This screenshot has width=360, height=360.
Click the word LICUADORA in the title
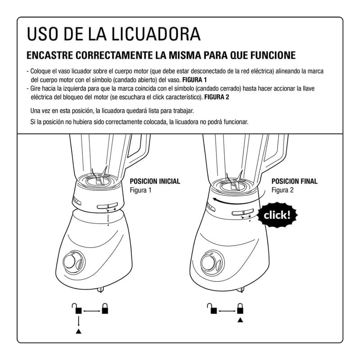coord(156,34)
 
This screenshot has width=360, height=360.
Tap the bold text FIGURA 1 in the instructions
coord(194,80)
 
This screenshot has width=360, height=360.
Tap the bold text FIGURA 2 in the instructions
coord(217,97)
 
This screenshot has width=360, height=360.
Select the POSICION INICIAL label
coord(155,181)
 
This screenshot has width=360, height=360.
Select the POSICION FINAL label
coord(295,181)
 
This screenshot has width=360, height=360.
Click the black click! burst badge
coord(277,215)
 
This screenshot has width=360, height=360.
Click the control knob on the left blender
coord(71,262)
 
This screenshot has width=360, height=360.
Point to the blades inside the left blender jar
coord(99,177)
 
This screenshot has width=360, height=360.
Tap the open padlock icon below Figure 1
coord(77,308)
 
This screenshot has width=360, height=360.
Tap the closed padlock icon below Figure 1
coord(105,308)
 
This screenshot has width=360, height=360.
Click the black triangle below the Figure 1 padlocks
coord(78,331)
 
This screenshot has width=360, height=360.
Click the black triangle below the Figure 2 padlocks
coord(240,319)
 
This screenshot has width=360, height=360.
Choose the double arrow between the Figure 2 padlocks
coord(227,311)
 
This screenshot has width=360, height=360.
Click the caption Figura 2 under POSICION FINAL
coord(283,190)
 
